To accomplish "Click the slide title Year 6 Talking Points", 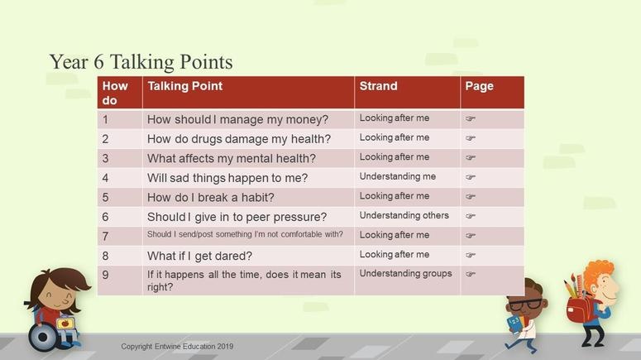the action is [x=141, y=62].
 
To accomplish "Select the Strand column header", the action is [x=378, y=86].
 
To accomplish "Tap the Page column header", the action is [x=479, y=86].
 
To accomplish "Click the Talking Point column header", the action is [x=184, y=86].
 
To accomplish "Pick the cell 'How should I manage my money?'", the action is [x=237, y=119].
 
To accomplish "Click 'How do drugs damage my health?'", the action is [x=239, y=139].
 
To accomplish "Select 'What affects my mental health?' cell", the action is [x=232, y=158].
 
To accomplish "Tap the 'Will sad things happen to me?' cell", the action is [x=227, y=178].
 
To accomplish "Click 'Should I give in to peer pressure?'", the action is [x=237, y=217].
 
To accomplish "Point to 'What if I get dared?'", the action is [x=199, y=256].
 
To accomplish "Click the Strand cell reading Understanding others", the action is [x=404, y=215].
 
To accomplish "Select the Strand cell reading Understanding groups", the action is [x=405, y=273].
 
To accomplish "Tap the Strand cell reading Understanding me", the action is [x=397, y=176].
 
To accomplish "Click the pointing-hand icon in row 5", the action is [x=470, y=196].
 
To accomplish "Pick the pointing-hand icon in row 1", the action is [x=470, y=118].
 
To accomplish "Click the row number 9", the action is [x=106, y=275].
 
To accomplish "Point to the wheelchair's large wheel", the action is [x=43, y=337].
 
